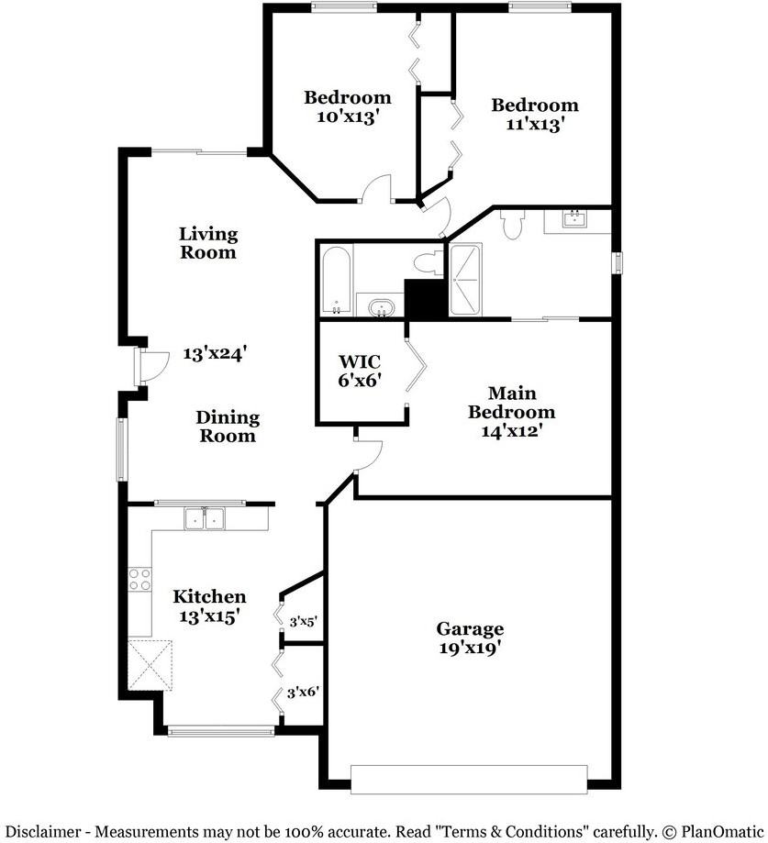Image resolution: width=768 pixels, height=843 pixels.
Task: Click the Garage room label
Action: [x=469, y=628]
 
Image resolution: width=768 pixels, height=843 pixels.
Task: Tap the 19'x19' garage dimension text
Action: [x=469, y=647]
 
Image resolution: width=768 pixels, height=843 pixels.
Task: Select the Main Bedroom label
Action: [x=511, y=403]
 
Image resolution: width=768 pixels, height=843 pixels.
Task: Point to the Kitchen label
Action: [x=209, y=597]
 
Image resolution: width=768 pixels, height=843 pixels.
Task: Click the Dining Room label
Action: [x=227, y=427]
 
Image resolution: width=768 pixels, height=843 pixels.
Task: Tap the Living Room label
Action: [x=207, y=243]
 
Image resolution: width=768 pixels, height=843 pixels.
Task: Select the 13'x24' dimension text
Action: [x=215, y=352]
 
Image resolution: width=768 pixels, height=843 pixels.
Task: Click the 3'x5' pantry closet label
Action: [x=303, y=622]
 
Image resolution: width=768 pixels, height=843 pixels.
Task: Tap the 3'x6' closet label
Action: [x=303, y=692]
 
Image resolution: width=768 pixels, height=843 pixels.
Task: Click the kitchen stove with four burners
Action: [x=139, y=579]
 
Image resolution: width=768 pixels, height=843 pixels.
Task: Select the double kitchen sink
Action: [x=205, y=519]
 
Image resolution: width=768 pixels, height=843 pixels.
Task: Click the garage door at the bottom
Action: [x=469, y=779]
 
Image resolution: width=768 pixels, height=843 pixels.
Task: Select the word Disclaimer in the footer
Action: [x=42, y=831]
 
